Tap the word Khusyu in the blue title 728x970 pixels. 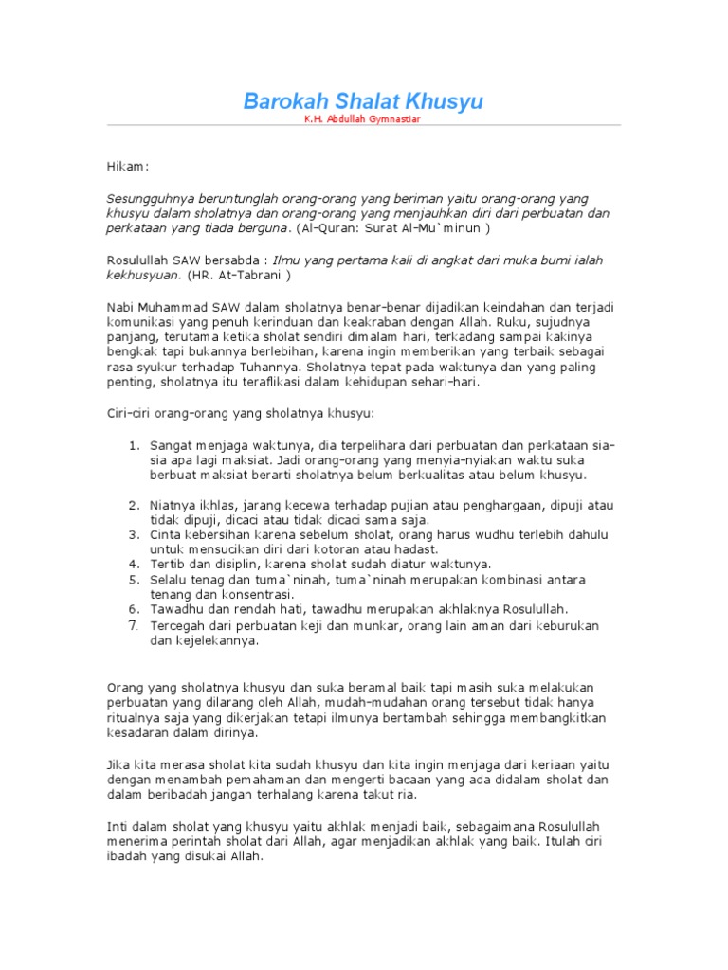[446, 101]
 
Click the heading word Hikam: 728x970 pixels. [126, 167]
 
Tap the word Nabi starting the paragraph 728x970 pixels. [118, 306]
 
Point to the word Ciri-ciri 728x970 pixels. [126, 413]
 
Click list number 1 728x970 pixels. [133, 444]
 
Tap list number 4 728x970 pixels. [133, 565]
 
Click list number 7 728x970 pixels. [133, 625]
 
